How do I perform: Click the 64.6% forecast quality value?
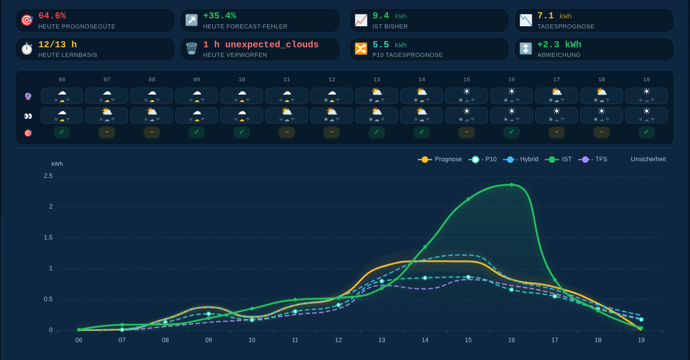coord(52,16)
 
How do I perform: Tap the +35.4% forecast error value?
coord(219,16)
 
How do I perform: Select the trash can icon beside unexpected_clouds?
coord(191,49)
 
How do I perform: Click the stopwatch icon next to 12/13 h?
coord(27,49)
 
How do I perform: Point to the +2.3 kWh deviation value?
coord(559,45)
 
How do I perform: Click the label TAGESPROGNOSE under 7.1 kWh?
coord(566,27)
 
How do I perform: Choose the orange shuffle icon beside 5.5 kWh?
coord(361,49)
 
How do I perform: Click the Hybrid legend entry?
coord(521,159)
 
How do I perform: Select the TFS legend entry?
coord(593,159)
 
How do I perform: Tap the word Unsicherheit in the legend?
coord(648,159)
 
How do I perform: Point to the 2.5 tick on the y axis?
coord(48,176)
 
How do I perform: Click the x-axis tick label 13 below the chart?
coord(381,340)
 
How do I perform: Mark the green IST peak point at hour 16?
coord(512,185)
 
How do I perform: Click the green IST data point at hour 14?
coord(425,247)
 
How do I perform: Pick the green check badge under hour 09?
coord(196,132)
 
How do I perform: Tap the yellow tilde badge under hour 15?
coord(466,132)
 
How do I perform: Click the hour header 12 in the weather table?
coord(331,79)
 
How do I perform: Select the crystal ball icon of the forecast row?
coord(28,96)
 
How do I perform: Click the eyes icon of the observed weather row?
coord(28,116)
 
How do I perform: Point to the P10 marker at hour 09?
coord(208,314)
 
